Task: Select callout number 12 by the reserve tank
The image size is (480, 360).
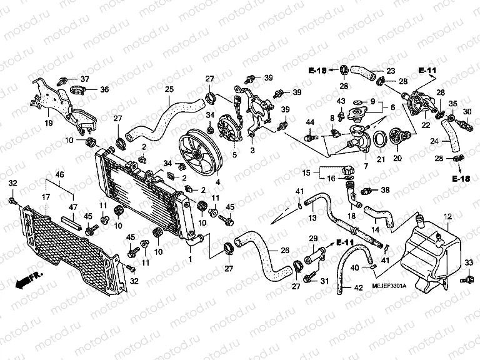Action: point(447,216)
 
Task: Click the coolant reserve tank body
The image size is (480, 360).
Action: point(425,253)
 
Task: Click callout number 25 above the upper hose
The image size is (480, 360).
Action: point(169,90)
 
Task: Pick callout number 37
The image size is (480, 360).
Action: point(85,79)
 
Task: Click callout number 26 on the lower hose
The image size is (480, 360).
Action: point(285,251)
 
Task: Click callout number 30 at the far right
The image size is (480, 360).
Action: point(466,111)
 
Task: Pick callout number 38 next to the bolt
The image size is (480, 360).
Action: point(385,189)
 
